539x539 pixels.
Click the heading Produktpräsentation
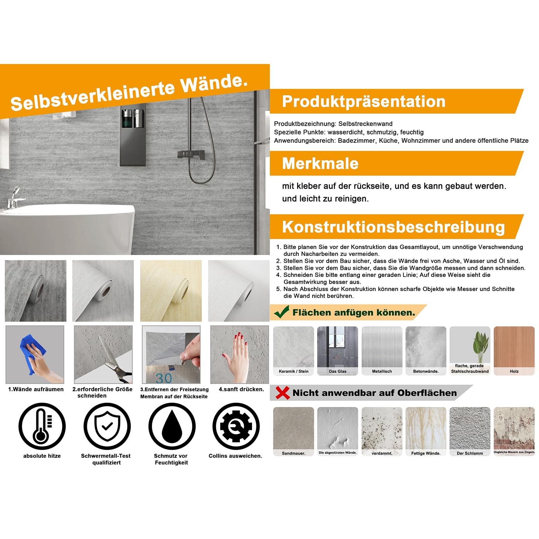click(363, 101)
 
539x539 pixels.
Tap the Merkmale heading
click(320, 163)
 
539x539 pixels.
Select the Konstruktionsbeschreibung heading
click(393, 227)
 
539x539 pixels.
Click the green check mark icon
click(282, 312)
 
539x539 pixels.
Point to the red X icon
click(282, 393)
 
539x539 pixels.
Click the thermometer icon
click(42, 426)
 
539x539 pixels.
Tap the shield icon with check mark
click(107, 426)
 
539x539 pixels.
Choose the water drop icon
click(172, 426)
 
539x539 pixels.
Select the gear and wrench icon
click(236, 426)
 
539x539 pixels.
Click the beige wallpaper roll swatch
click(171, 291)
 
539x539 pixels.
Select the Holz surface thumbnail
click(514, 351)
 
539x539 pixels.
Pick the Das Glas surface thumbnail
click(338, 351)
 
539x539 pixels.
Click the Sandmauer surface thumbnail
click(293, 432)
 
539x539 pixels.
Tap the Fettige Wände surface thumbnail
click(426, 432)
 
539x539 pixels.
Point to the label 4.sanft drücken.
click(241, 389)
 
